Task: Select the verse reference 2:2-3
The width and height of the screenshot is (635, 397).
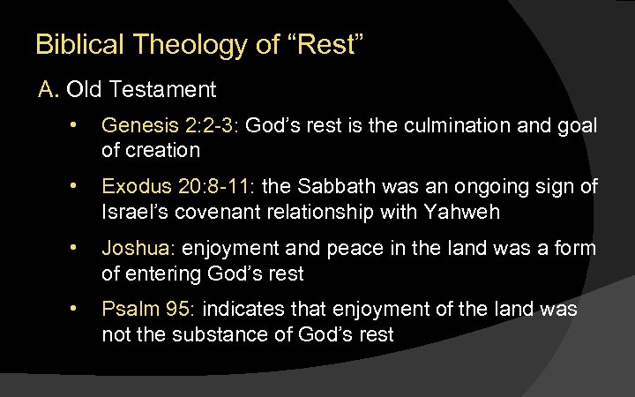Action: point(209,127)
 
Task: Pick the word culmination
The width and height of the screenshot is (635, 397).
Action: point(448,127)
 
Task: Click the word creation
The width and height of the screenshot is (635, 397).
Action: point(163,150)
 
